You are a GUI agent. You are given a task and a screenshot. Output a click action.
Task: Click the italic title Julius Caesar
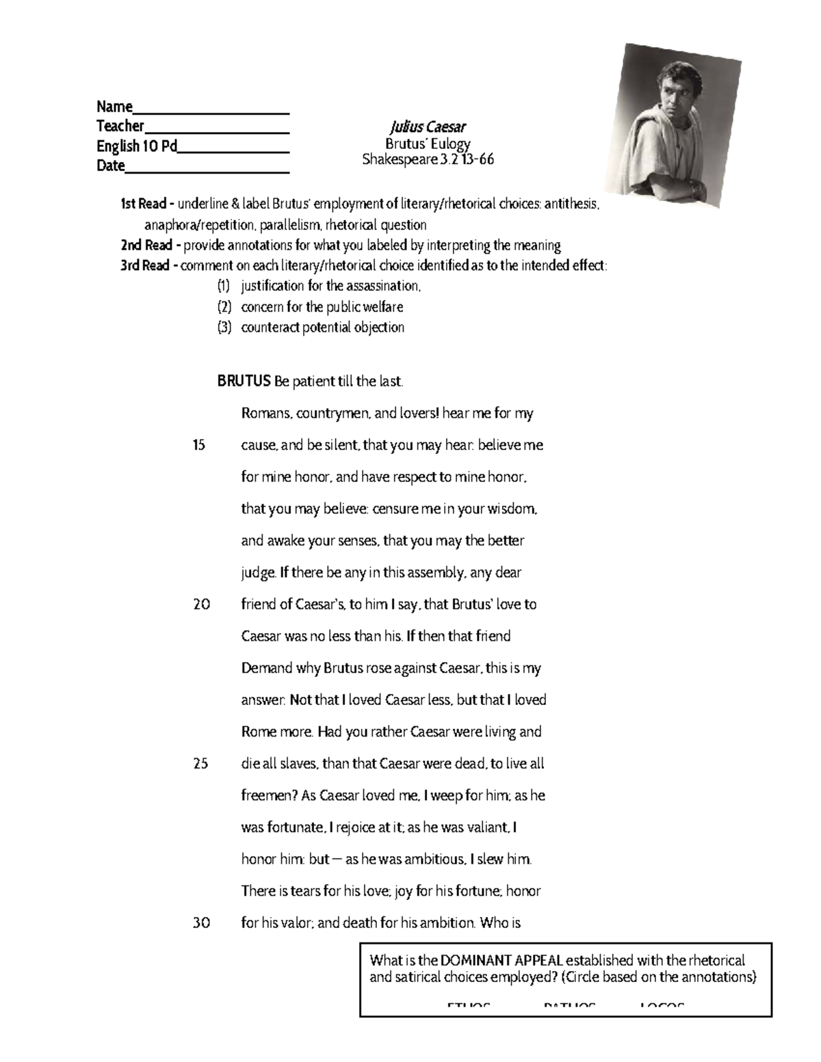(428, 127)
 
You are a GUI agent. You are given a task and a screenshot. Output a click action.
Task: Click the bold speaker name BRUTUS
(244, 382)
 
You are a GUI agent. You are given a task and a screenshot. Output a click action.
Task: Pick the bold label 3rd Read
(145, 266)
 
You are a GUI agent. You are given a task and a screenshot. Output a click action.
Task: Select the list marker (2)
(224, 307)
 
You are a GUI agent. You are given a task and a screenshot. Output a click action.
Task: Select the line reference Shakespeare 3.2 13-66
(428, 160)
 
